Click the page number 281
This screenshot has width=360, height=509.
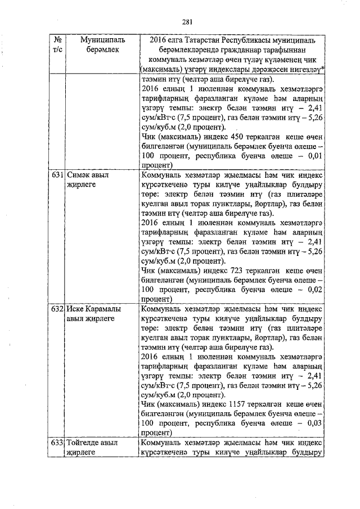(x=188, y=22)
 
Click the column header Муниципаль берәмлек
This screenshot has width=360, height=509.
(x=102, y=46)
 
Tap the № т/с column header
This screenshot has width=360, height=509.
(x=57, y=46)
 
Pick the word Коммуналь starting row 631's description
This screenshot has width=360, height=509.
(x=160, y=175)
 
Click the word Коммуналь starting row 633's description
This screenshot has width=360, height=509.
(x=160, y=443)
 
